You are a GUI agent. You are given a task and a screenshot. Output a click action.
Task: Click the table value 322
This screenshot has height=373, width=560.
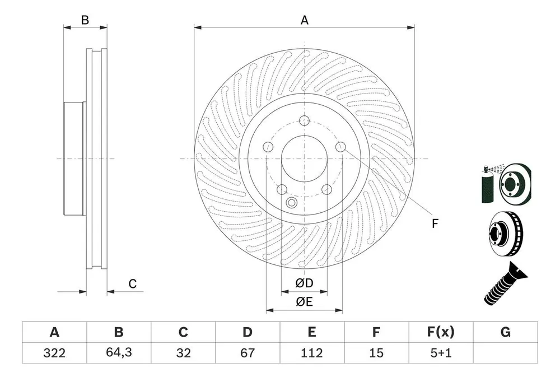point(54,353)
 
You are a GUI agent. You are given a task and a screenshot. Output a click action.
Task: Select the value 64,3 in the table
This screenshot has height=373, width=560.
point(119,352)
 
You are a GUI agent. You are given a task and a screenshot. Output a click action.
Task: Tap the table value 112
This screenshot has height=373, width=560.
point(312,353)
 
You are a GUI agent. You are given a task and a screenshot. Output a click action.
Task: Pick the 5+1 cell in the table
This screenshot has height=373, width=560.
point(441,353)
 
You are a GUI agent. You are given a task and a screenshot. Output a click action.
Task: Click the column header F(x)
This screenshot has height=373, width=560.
point(441,332)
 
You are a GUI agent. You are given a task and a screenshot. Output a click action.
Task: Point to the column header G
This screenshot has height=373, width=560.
point(505,332)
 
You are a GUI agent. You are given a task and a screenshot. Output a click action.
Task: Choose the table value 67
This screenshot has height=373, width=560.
point(248,353)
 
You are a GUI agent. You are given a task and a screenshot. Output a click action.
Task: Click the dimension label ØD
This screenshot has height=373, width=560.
point(304,283)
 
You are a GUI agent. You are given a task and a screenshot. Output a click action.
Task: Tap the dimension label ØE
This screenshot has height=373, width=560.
point(304,302)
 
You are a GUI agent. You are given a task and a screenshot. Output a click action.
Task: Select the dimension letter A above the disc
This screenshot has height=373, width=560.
point(304,20)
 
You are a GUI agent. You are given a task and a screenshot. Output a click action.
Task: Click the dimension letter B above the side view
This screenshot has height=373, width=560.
point(85,20)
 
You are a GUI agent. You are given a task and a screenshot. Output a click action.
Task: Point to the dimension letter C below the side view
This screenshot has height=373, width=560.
point(133,284)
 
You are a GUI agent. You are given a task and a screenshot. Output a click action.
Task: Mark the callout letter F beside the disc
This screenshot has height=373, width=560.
point(435,223)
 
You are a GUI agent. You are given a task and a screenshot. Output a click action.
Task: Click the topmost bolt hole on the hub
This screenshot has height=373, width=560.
point(304,121)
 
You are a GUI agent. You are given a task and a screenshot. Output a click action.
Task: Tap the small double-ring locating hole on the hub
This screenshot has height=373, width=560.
point(291,203)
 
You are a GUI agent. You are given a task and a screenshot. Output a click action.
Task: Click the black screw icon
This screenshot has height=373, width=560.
point(505,285)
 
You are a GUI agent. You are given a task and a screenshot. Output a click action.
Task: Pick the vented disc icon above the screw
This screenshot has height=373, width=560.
point(505,234)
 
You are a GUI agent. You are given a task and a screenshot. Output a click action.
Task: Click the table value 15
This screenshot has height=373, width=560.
point(376,353)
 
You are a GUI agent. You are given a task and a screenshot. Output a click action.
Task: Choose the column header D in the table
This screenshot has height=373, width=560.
point(248,332)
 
